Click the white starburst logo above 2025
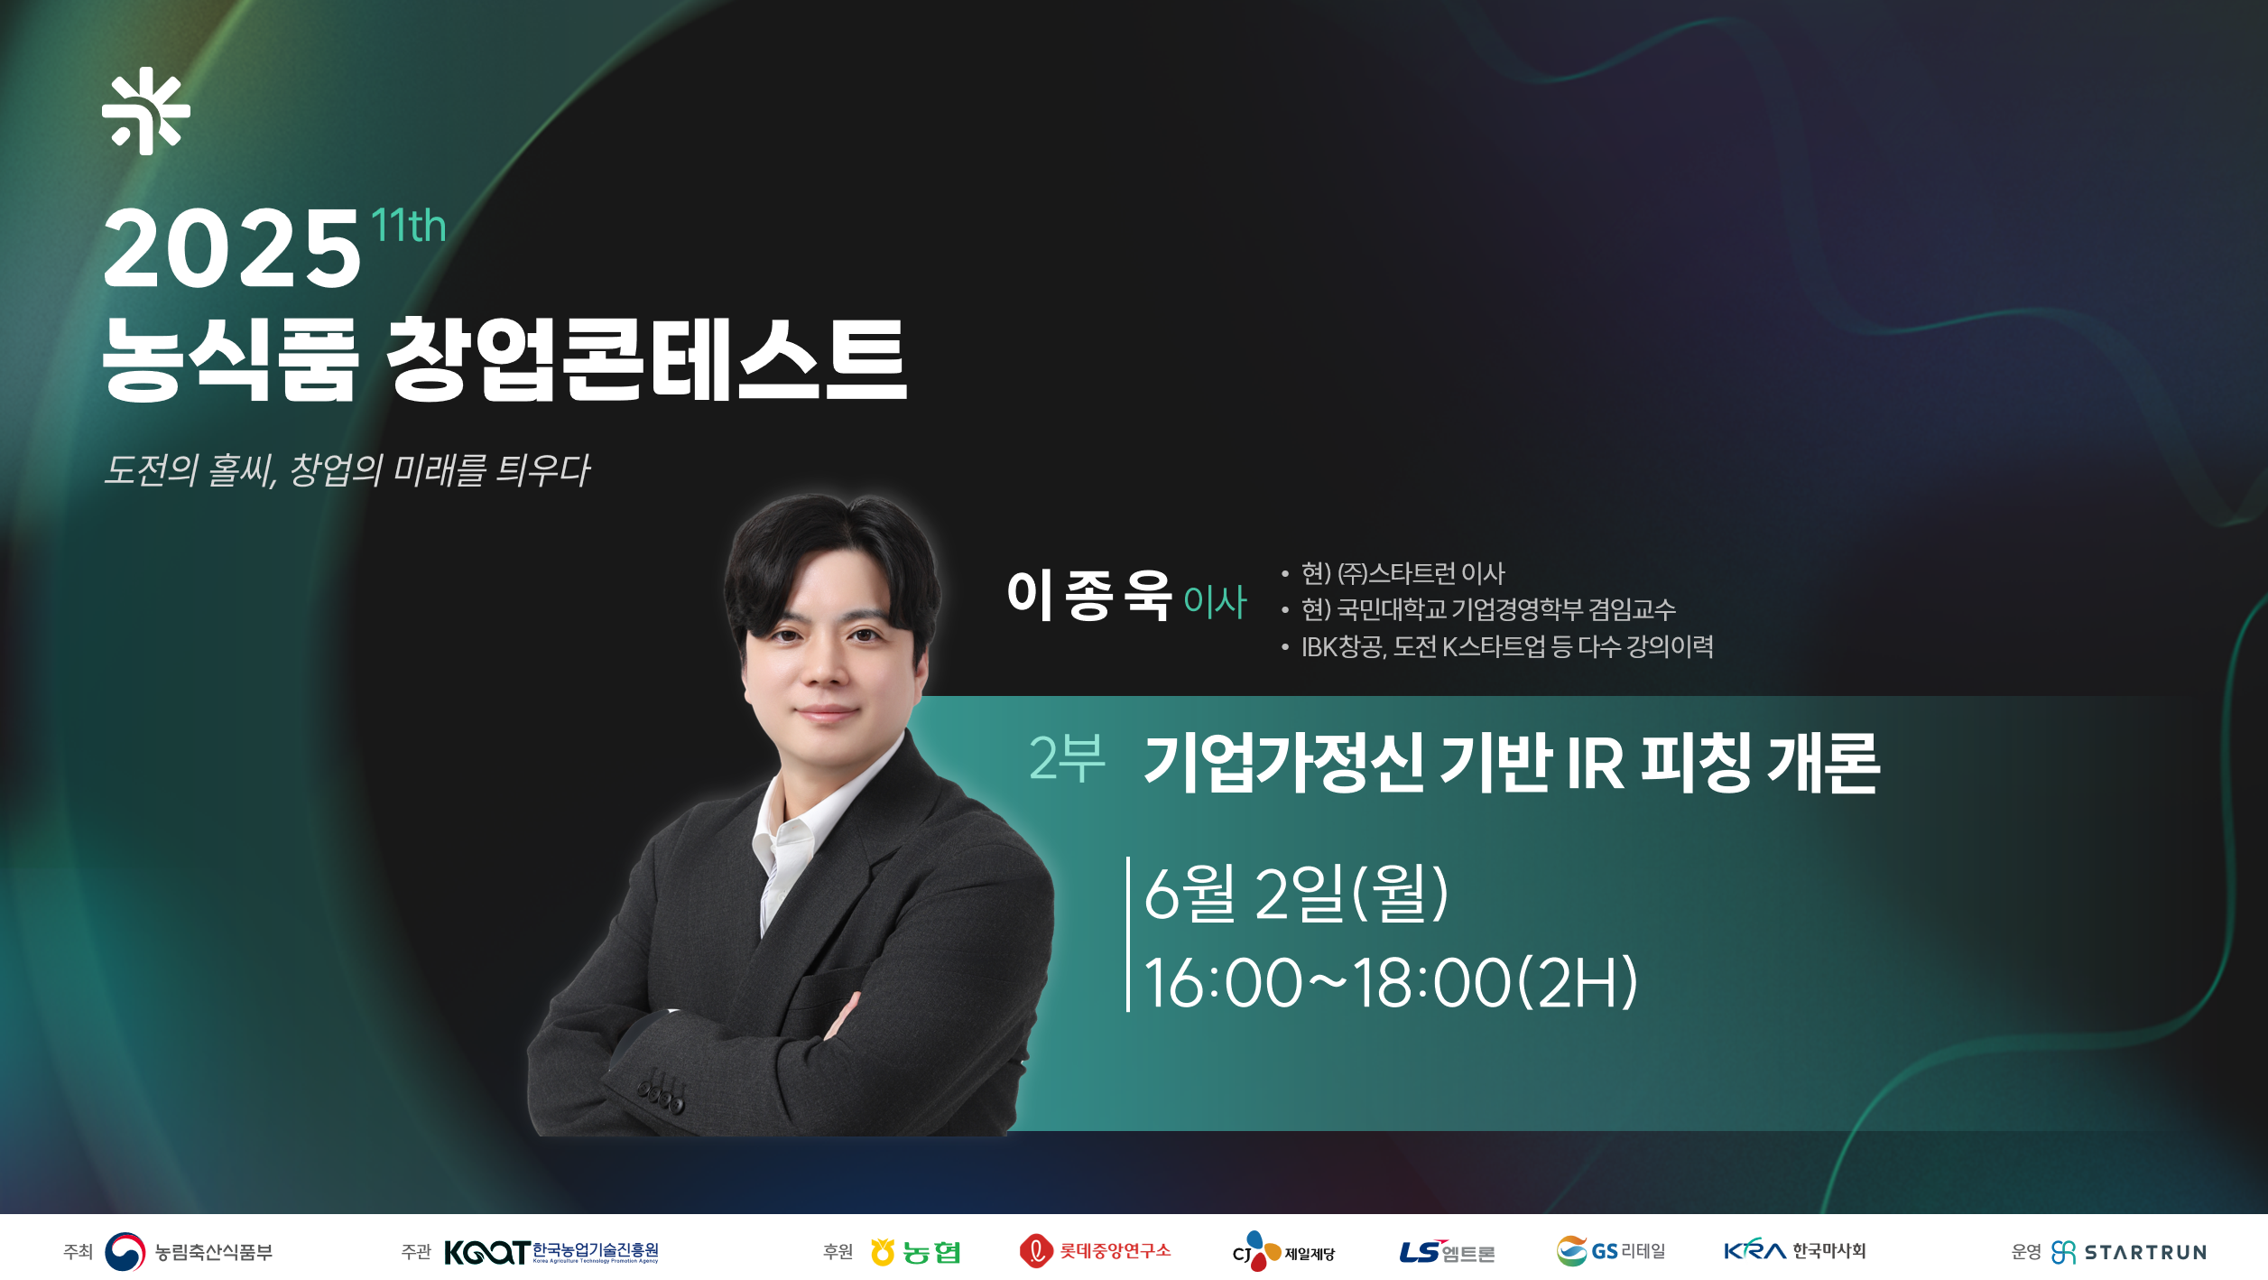[146, 111]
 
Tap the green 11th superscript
[409, 226]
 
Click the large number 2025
[232, 248]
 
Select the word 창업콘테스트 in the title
[646, 359]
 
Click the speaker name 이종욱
[1089, 596]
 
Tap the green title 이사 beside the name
[1215, 601]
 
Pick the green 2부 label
[1067, 758]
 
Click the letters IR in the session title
[1595, 764]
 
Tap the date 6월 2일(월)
[1296, 893]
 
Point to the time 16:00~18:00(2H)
[1391, 982]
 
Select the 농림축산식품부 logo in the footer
[189, 1251]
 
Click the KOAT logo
[551, 1252]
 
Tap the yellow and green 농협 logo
[915, 1252]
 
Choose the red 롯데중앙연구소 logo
[1095, 1251]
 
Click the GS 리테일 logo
[1610, 1251]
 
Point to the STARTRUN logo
[2128, 1252]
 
